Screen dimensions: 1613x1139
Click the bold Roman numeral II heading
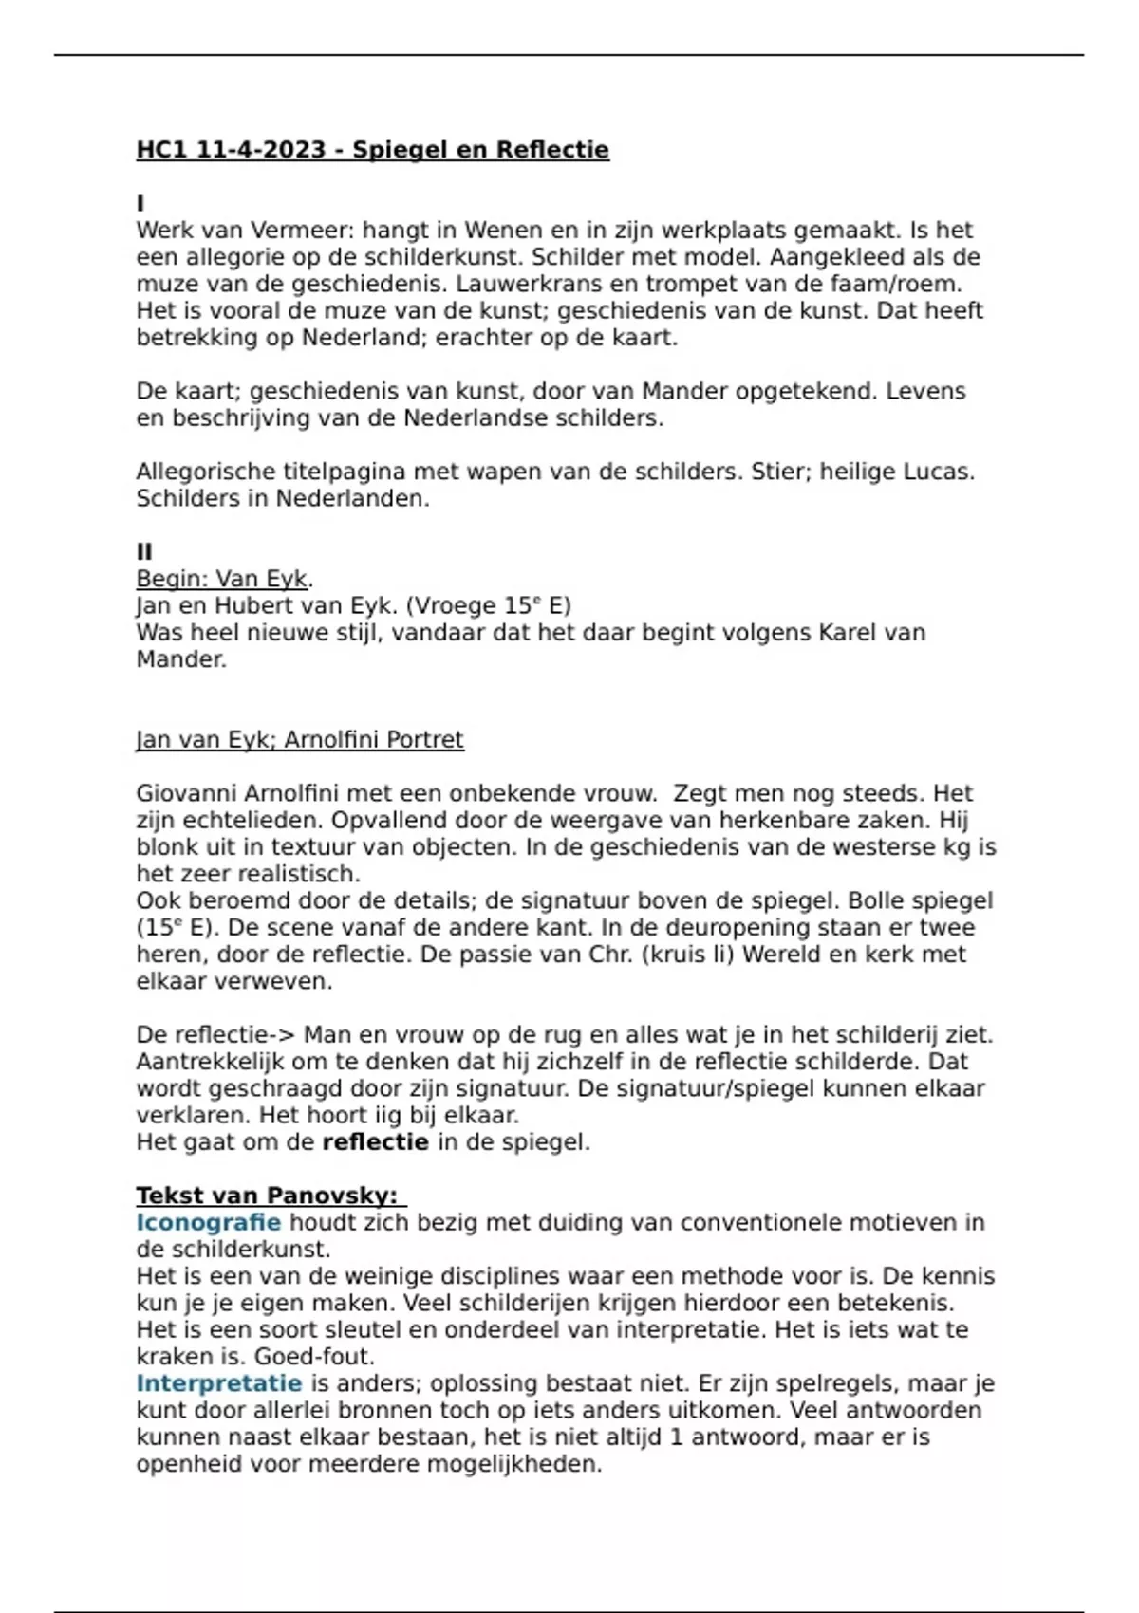pos(144,552)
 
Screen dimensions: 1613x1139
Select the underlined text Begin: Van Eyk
pos(223,579)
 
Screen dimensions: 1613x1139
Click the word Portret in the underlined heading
pos(421,740)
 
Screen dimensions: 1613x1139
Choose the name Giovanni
pos(186,793)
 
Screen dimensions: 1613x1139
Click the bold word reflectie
pos(375,1142)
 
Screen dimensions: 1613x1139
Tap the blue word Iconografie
pos(208,1222)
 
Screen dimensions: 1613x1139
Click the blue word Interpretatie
pos(218,1383)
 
